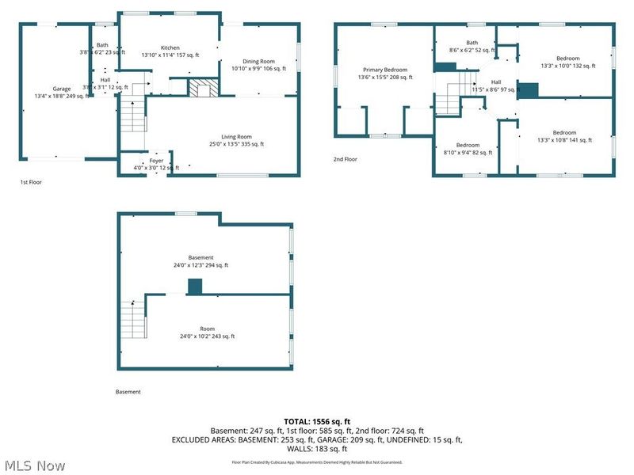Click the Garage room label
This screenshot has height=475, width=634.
pos(62,89)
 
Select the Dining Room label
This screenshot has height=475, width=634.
pos(258,62)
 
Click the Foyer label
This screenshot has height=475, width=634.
pos(156,161)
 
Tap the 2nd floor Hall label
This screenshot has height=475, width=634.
pos(496,82)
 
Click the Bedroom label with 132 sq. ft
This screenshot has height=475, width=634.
pos(567,59)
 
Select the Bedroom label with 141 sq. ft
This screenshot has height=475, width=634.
pos(564,133)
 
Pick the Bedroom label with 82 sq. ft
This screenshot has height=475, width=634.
pos(468,145)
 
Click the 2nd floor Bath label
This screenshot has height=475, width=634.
pos(472,43)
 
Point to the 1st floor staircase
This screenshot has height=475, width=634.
pos(134,116)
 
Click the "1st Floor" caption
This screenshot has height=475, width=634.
pos(32,182)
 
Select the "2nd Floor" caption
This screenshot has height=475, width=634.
pos(345,159)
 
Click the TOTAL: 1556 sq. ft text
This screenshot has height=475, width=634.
pos(317,421)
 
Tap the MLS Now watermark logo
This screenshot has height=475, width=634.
pos(35,465)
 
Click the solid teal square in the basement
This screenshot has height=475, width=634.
pos(194,287)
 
